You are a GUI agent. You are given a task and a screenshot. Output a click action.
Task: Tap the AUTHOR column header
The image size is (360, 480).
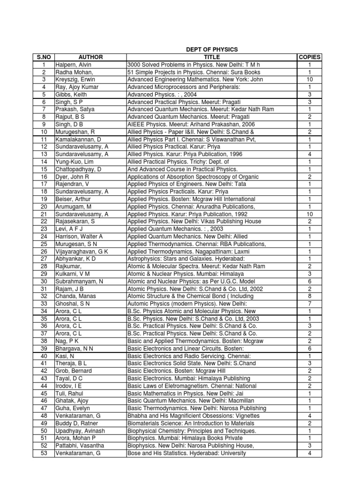pos(90,57)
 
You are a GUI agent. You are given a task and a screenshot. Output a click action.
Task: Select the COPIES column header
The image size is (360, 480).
pos(309,57)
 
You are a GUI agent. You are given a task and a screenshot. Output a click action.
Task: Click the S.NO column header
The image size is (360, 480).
pos(43,57)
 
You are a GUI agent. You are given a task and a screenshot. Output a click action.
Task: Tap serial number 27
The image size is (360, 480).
pos(44,259)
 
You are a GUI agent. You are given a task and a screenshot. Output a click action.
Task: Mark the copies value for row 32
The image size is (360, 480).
pos(309,296)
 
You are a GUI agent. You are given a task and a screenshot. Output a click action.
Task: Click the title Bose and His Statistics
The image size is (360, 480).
pos(187,453)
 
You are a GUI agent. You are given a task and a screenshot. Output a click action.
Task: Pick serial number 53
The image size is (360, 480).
pos(44,453)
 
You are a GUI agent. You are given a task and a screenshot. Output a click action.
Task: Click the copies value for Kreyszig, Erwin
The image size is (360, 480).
pos(309,80)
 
